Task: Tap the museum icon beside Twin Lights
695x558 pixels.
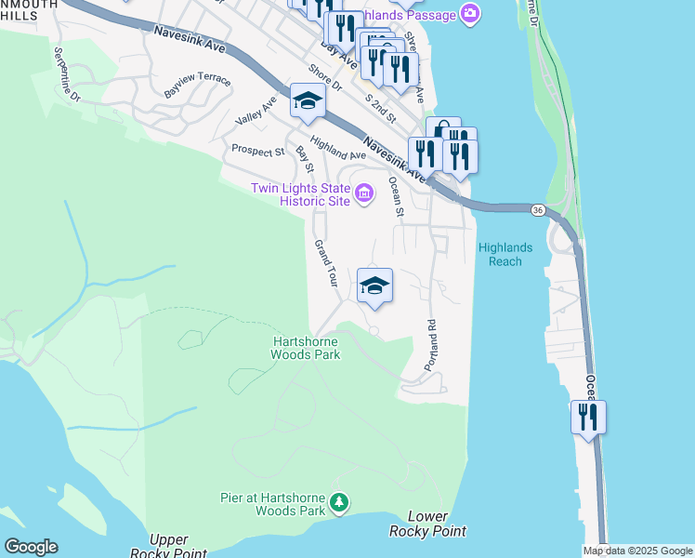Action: click(364, 194)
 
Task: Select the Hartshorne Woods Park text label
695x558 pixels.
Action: click(306, 348)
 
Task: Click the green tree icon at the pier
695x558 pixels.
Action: click(341, 503)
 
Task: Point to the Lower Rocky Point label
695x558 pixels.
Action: click(427, 524)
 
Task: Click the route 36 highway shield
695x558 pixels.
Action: click(538, 211)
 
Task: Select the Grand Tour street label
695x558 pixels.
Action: click(324, 263)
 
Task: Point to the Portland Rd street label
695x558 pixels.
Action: click(431, 346)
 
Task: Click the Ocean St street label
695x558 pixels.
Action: click(397, 198)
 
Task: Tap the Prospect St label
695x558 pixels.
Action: click(257, 151)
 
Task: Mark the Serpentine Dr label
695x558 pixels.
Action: click(67, 74)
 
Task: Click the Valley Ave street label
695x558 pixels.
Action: click(256, 115)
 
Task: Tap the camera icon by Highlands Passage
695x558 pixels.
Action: click(471, 14)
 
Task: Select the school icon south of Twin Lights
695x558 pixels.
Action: click(374, 285)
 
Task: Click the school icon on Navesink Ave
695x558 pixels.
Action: click(308, 101)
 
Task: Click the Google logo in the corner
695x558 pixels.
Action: click(31, 547)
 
